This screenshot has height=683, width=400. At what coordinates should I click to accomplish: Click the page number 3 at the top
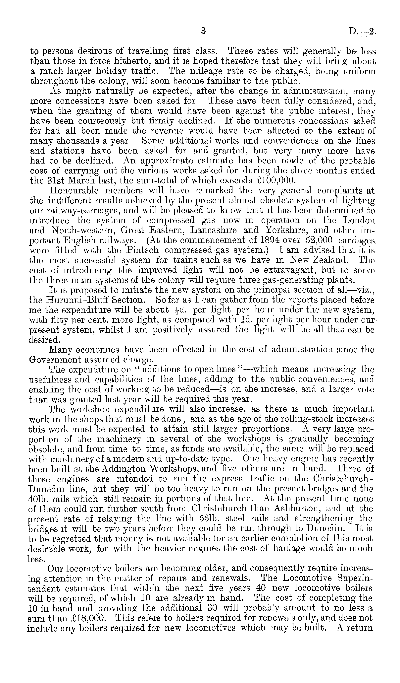203,32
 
